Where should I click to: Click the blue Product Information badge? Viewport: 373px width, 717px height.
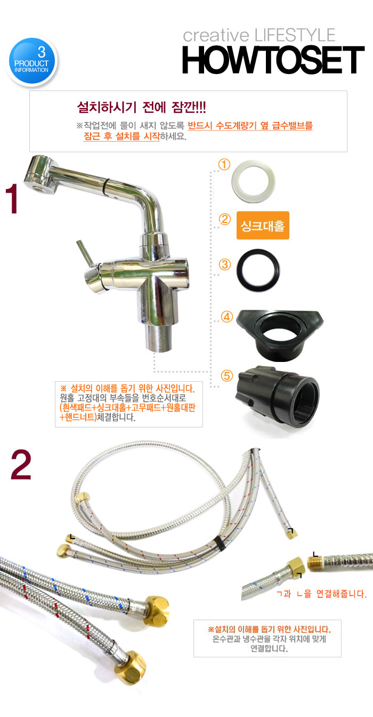tap(32, 61)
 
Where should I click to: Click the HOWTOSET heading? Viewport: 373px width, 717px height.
tap(273, 60)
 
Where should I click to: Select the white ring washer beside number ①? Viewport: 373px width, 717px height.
tap(254, 182)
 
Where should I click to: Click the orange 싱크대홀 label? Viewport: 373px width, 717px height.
tap(263, 225)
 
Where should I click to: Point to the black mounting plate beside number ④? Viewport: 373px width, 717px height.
tap(280, 335)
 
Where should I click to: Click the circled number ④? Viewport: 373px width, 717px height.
tap(227, 317)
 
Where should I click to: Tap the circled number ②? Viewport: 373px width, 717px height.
tap(225, 219)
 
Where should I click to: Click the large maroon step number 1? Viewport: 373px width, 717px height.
tap(12, 199)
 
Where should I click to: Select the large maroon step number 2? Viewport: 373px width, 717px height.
tap(21, 465)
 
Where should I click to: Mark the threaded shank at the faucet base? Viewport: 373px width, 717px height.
tap(159, 338)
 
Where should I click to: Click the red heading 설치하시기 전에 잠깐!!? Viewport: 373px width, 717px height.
tap(141, 107)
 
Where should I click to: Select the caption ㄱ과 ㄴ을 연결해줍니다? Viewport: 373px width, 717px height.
tap(321, 594)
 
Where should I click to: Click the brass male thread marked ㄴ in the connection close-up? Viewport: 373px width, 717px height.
tap(315, 563)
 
